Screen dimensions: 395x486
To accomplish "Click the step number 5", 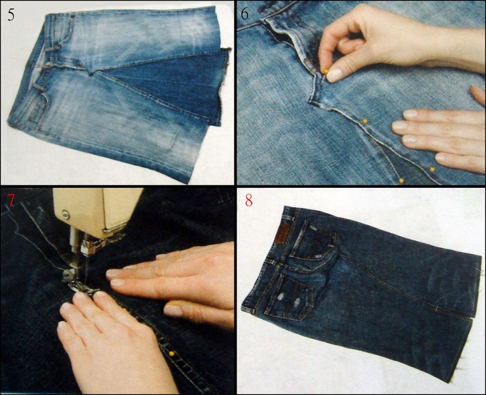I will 11,13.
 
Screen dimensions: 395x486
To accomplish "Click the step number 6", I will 245,13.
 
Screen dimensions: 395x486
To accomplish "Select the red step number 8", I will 248,201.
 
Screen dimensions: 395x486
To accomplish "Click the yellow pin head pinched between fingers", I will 325,71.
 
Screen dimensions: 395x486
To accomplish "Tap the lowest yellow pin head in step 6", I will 401,180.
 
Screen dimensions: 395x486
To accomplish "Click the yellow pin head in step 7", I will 172,353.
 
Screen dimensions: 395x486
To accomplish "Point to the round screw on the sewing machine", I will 65,214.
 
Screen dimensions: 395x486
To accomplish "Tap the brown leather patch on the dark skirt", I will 281,233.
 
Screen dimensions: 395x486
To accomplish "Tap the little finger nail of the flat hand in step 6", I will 444,158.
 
